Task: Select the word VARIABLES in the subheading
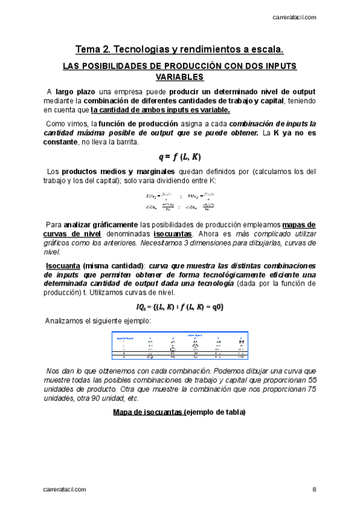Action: [180, 77]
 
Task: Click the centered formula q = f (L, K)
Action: [180, 157]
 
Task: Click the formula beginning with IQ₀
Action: [180, 307]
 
